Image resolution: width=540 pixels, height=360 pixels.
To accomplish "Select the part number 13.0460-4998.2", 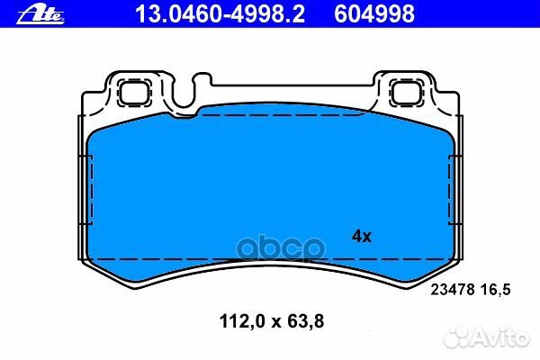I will click(x=206, y=13).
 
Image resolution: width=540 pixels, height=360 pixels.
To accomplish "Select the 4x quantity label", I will click(x=361, y=237).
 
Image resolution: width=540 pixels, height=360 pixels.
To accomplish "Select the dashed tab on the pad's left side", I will click(x=87, y=194).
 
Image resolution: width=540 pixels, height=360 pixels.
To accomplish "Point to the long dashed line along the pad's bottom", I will click(x=270, y=259).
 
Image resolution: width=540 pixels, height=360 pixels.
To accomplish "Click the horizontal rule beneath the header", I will click(x=270, y=29).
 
